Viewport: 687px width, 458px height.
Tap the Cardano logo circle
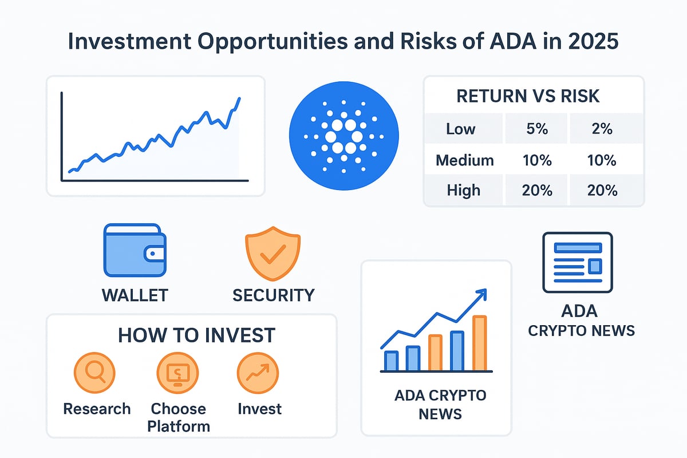pos(344,136)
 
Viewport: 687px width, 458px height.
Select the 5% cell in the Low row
pos(537,129)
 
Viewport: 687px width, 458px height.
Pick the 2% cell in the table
pos(602,129)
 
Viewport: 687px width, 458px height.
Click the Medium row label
pos(465,160)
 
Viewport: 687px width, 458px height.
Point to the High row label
pos(463,190)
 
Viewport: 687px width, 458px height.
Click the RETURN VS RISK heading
pos(528,96)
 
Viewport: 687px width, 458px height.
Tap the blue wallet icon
pos(135,250)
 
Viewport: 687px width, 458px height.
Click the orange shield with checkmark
pos(273,254)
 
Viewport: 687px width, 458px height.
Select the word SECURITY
pos(274,295)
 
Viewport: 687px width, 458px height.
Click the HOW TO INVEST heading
pos(196,335)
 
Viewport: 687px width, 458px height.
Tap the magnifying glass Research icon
pos(94,373)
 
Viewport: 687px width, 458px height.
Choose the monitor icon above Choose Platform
pos(177,373)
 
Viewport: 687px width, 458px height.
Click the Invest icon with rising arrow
pos(258,373)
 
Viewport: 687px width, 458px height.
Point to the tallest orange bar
pos(480,343)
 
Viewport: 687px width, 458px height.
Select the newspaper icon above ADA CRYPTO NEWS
pos(578,262)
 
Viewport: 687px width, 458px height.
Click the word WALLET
pos(135,295)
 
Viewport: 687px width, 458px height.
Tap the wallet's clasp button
pos(153,254)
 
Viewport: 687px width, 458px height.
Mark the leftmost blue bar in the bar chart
pos(392,361)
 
